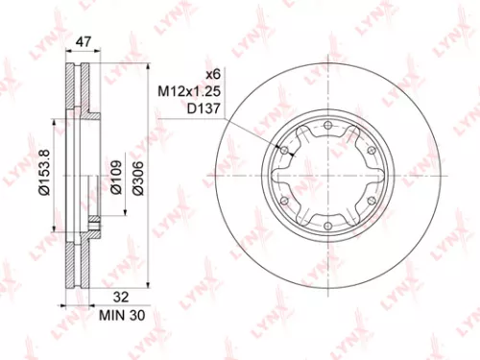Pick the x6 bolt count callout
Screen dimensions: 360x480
(213, 76)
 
